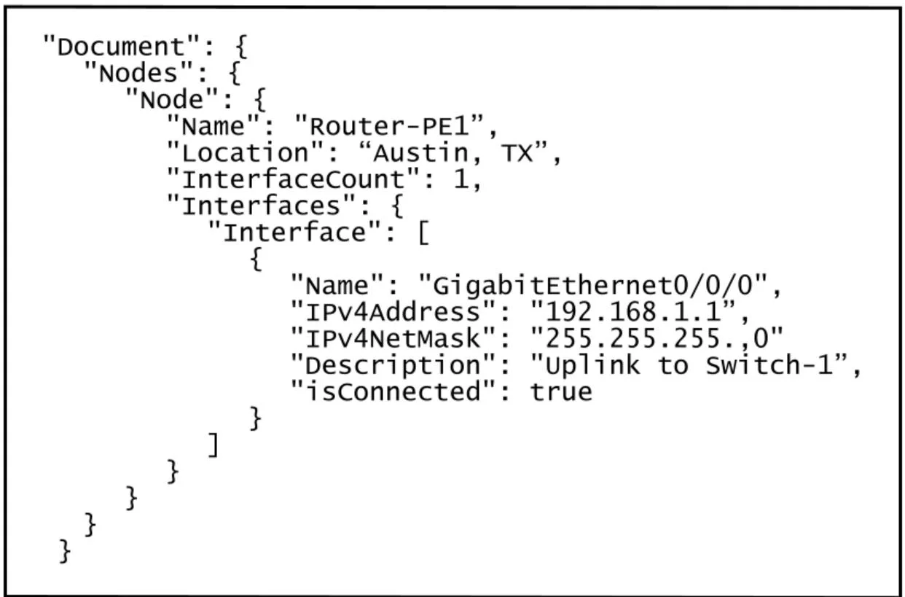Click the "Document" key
pyautogui.click(x=121, y=46)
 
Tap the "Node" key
pyautogui.click(x=172, y=99)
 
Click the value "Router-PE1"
pyautogui.click(x=390, y=125)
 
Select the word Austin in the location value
pyautogui.click(x=420, y=153)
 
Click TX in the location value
pyautogui.click(x=517, y=152)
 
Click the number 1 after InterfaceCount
pyautogui.click(x=461, y=179)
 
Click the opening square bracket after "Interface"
pyautogui.click(x=423, y=233)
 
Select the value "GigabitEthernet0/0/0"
pyautogui.click(x=592, y=285)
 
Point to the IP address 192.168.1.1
pyautogui.click(x=633, y=312)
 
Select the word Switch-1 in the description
pyautogui.click(x=769, y=364)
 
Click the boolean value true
pyautogui.click(x=561, y=391)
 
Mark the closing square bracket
pyautogui.click(x=213, y=445)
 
